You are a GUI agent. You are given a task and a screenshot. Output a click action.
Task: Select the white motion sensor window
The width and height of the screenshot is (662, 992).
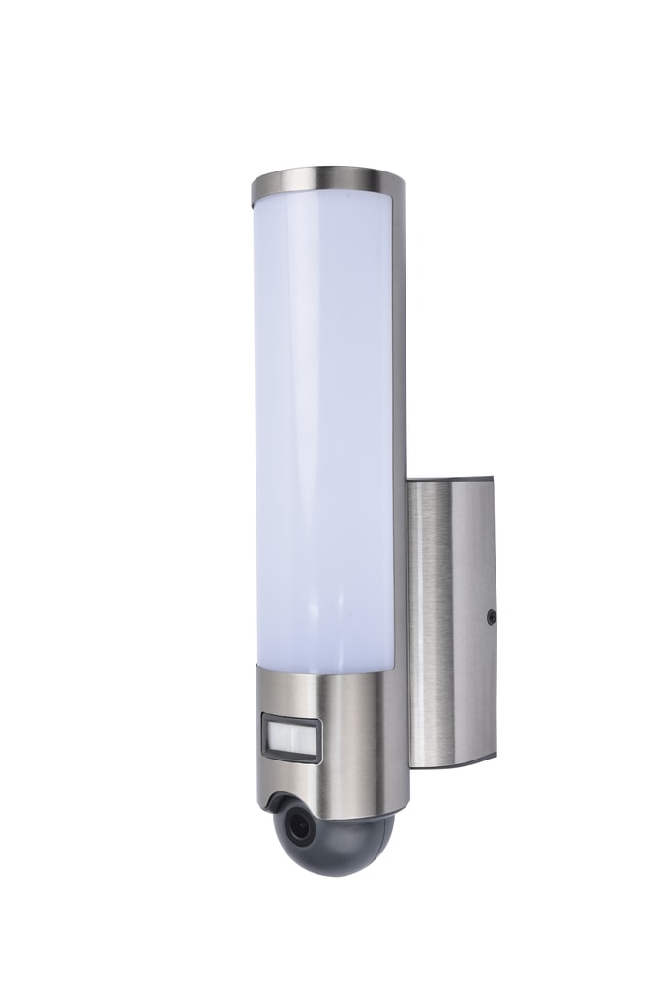tap(293, 737)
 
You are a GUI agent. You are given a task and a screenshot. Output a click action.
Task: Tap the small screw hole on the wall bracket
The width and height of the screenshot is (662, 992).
tap(491, 616)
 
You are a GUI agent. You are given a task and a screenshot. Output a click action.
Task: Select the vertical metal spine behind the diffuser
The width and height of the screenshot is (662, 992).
tap(400, 436)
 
